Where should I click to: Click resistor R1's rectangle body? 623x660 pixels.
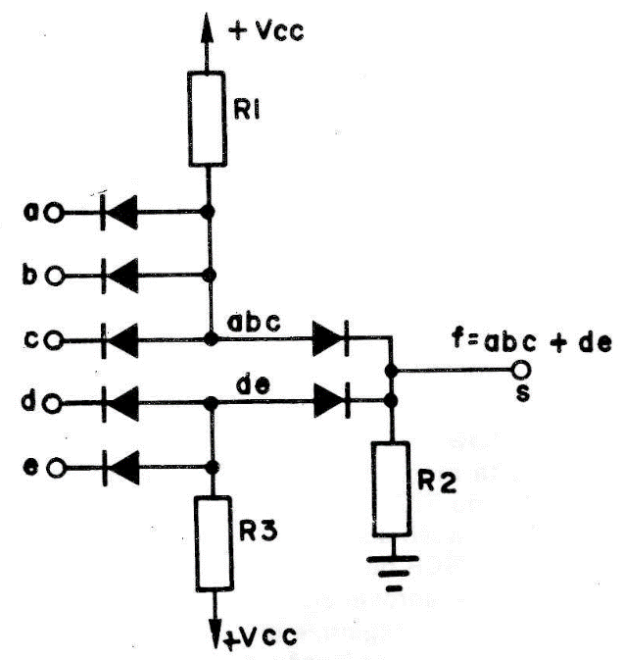[x=207, y=119]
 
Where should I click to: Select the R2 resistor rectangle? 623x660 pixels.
[x=391, y=488]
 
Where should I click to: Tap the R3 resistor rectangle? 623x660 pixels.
[x=214, y=544]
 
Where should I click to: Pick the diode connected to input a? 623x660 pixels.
[x=119, y=212]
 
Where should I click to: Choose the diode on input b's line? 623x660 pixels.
[x=120, y=276]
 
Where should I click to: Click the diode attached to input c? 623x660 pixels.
[x=120, y=340]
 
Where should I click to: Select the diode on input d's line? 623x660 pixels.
[x=120, y=404]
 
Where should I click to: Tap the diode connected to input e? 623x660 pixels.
[x=121, y=468]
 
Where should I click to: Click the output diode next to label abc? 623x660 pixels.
[x=331, y=338]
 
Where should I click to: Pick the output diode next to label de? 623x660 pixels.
[x=332, y=400]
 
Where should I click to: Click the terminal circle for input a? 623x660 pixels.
[x=54, y=213]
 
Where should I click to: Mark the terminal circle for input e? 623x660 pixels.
[x=55, y=468]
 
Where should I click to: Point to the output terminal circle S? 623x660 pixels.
[x=522, y=370]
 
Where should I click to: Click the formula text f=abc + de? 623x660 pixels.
[x=531, y=341]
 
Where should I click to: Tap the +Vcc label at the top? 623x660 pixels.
[x=266, y=30]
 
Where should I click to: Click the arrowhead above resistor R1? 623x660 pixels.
[x=206, y=27]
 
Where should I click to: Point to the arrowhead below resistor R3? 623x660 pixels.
[x=217, y=632]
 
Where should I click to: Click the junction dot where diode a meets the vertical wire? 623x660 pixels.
[x=207, y=212]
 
